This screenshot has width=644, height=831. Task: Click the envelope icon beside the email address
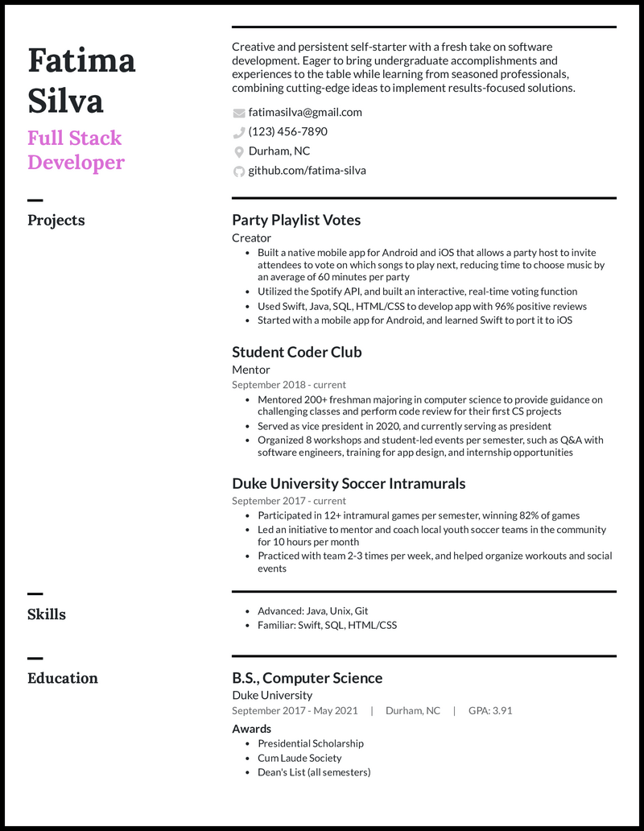238,113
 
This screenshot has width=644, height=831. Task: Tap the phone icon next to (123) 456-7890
238,132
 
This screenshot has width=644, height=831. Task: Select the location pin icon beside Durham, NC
238,151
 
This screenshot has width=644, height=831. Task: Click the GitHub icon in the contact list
238,171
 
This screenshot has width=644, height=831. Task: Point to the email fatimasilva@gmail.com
305,113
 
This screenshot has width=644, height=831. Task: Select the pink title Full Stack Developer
76,150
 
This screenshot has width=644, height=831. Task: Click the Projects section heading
56,220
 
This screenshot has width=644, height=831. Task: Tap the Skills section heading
47,614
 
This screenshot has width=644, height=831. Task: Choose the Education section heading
63,678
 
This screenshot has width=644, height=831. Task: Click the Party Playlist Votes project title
296,220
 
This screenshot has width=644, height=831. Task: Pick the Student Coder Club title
297,352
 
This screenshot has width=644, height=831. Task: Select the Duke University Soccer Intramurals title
349,484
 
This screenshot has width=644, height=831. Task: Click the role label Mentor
251,370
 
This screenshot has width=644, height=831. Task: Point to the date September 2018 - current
289,385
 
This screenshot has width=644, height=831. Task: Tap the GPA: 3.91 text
490,711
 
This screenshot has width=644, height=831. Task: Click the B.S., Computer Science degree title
307,678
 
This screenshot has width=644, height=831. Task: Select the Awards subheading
252,729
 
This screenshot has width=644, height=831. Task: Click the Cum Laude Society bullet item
299,758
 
